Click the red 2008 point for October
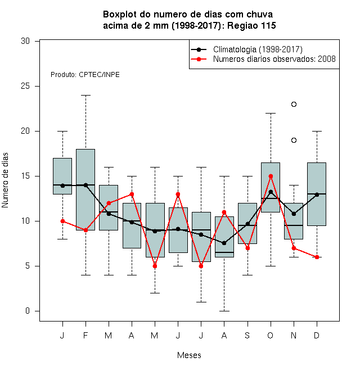(271, 177)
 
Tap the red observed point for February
(85, 230)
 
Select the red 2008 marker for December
(317, 257)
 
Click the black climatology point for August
(224, 243)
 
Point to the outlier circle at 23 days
(294, 105)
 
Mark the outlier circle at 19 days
(294, 141)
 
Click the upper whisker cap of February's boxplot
(85, 96)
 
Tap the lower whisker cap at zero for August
(224, 311)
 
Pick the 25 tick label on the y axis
(25, 86)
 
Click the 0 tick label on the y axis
(28, 311)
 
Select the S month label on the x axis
(247, 336)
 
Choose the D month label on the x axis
(317, 336)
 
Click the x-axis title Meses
(189, 355)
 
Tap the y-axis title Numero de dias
(5, 180)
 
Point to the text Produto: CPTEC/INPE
(85, 75)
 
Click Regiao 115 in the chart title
(251, 25)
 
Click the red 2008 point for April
(132, 194)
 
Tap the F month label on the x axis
(85, 336)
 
